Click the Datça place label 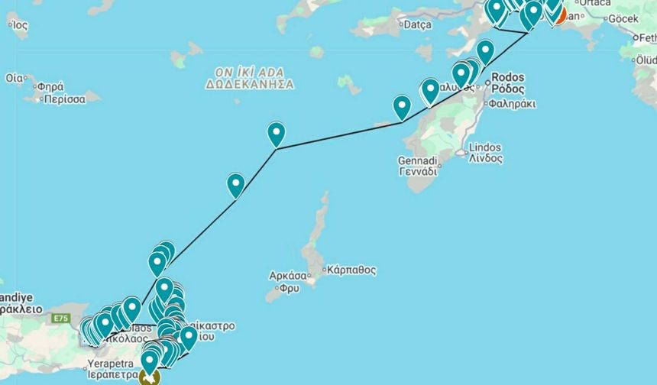click(x=417, y=24)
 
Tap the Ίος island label click(x=18, y=24)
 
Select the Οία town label click(x=14, y=78)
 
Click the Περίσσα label click(x=63, y=99)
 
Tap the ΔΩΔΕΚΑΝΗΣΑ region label click(x=249, y=84)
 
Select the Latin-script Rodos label click(x=507, y=77)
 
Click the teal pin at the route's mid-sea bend click(x=276, y=133)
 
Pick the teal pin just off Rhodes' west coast click(x=402, y=106)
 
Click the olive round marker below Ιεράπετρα click(x=150, y=377)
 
